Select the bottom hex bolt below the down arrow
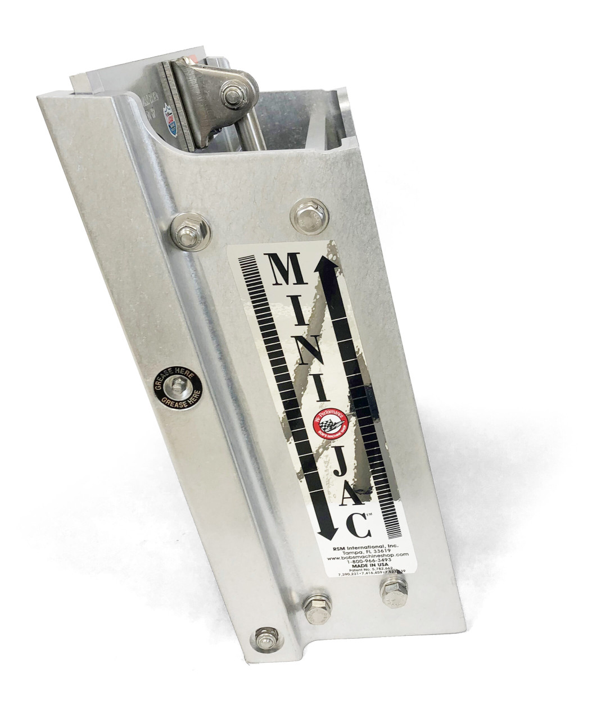(x=313, y=606)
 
